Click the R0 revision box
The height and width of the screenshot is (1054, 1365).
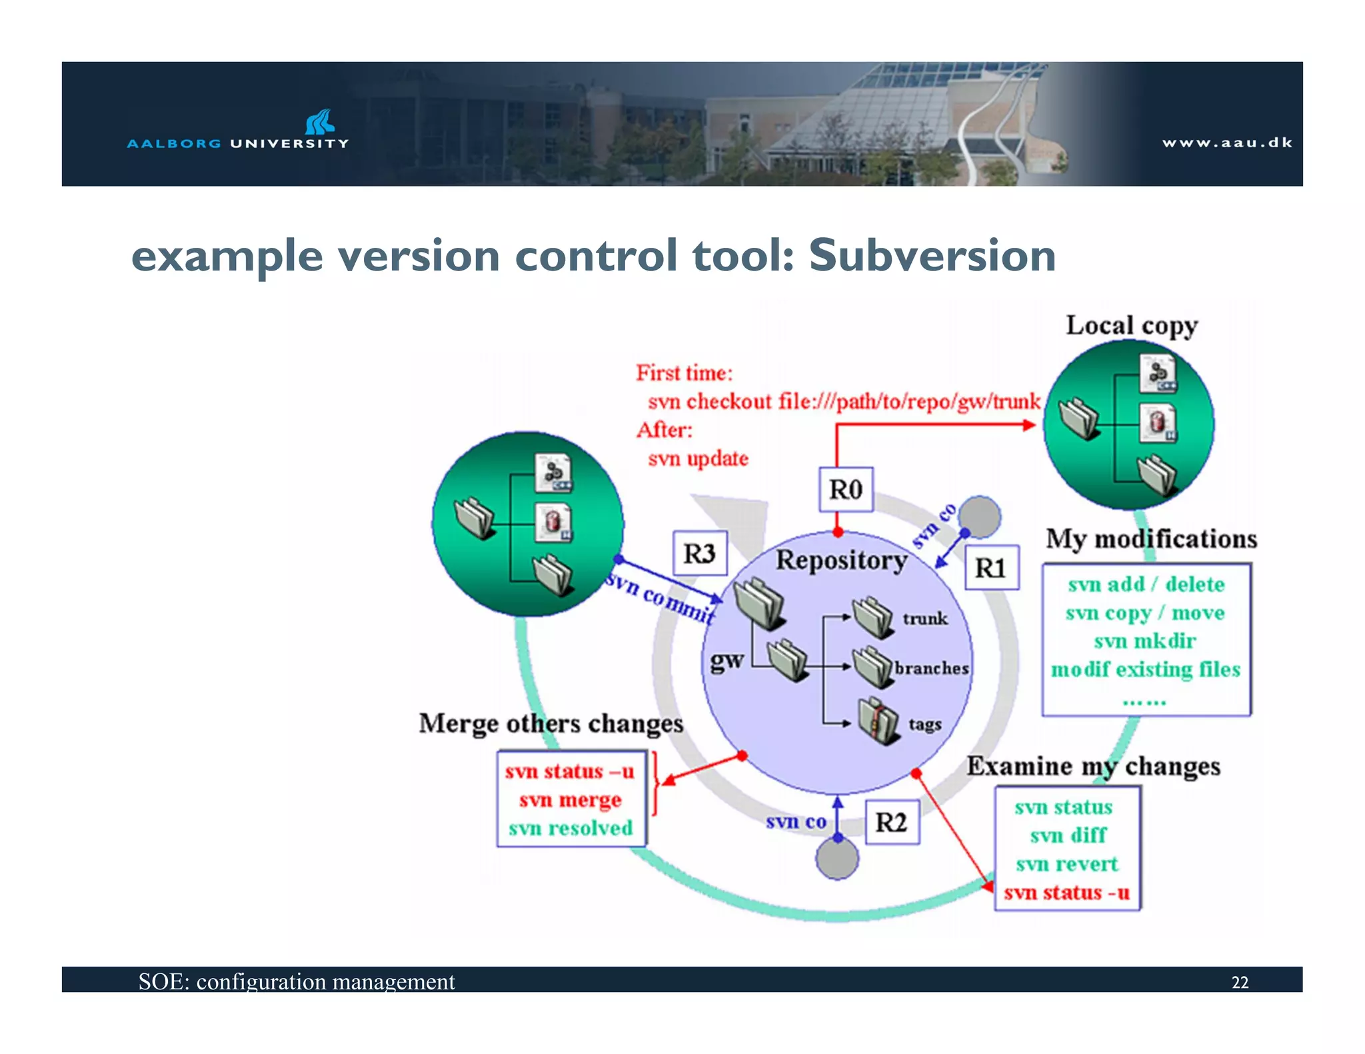click(845, 490)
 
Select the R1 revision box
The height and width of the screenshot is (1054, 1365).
click(992, 568)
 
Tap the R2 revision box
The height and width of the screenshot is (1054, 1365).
click(892, 822)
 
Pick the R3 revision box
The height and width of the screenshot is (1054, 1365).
click(699, 553)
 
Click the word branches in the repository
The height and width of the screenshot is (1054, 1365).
click(931, 668)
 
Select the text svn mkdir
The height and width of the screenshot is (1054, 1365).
click(1144, 641)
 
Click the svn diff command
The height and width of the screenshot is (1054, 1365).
click(1067, 835)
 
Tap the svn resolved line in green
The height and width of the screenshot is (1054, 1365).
click(571, 828)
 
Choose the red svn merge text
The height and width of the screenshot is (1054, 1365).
click(571, 799)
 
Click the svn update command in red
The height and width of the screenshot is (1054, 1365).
click(698, 458)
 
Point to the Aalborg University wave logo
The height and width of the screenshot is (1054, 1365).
click(320, 122)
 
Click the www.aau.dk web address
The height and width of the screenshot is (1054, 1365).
click(1227, 143)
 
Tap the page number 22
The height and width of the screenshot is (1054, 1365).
click(1240, 983)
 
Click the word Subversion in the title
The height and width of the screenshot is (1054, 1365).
click(932, 255)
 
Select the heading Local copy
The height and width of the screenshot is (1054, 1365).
click(1131, 326)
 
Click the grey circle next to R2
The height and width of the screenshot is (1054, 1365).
click(837, 859)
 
